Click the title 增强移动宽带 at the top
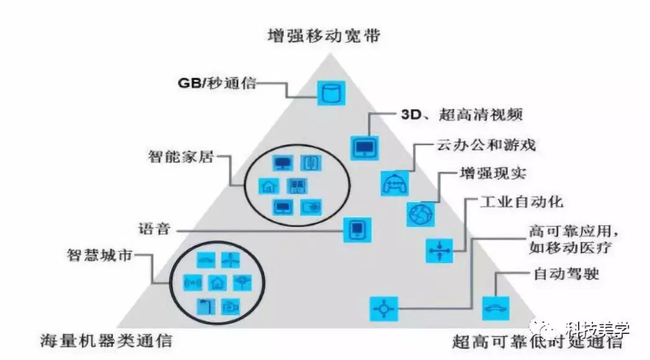point(324,35)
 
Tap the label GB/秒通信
point(216,83)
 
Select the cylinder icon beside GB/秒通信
point(330,92)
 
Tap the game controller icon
point(393,182)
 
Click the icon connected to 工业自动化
point(439,250)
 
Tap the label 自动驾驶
point(566,273)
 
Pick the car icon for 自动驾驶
point(496,307)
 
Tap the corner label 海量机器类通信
point(106,340)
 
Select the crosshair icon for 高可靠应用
point(382,308)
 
